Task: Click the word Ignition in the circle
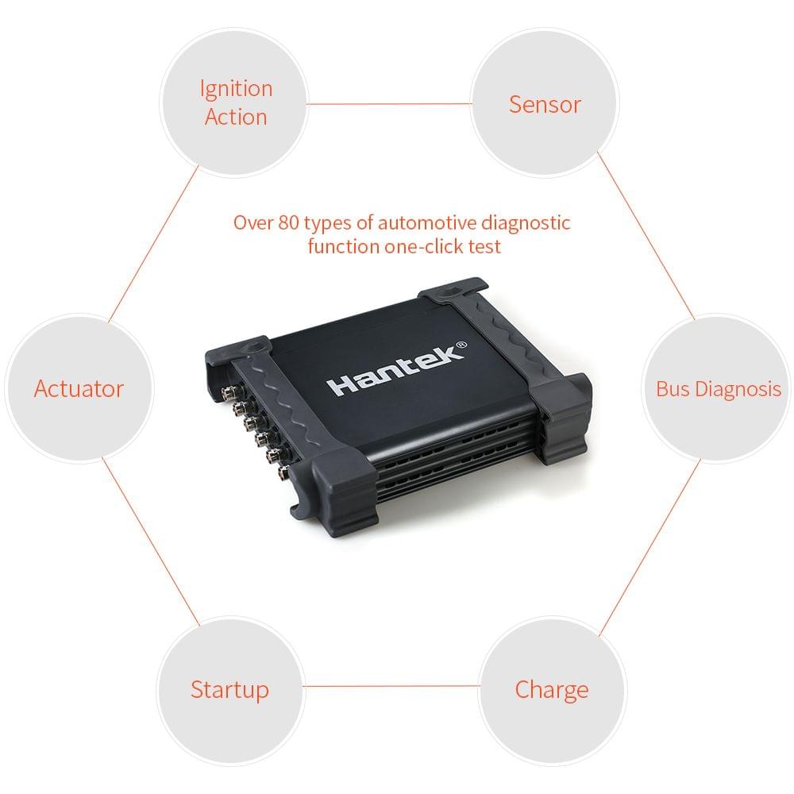tap(236, 89)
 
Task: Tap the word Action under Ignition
tap(236, 118)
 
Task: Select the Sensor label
tap(545, 104)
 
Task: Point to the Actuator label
tap(79, 389)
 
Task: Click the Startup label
tap(229, 689)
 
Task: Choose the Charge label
tap(552, 689)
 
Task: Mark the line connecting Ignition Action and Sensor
tap(389, 103)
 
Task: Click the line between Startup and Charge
tap(391, 686)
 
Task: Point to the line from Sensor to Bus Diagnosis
tap(646, 235)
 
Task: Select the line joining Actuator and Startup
tap(151, 540)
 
